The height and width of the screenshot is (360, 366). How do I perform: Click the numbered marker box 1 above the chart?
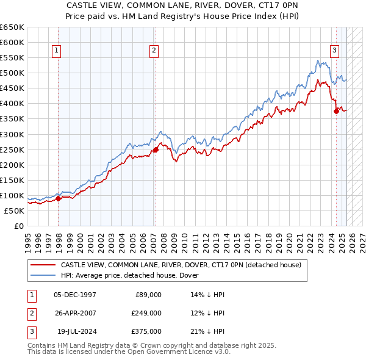click(x=56, y=51)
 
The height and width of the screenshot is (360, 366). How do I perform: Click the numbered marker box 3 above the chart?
click(x=335, y=51)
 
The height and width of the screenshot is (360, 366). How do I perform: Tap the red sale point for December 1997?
click(x=59, y=198)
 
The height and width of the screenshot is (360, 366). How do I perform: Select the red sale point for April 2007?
click(x=156, y=149)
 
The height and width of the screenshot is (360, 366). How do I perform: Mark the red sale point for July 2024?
click(x=336, y=111)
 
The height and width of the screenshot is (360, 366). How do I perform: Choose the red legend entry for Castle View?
click(x=181, y=265)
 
